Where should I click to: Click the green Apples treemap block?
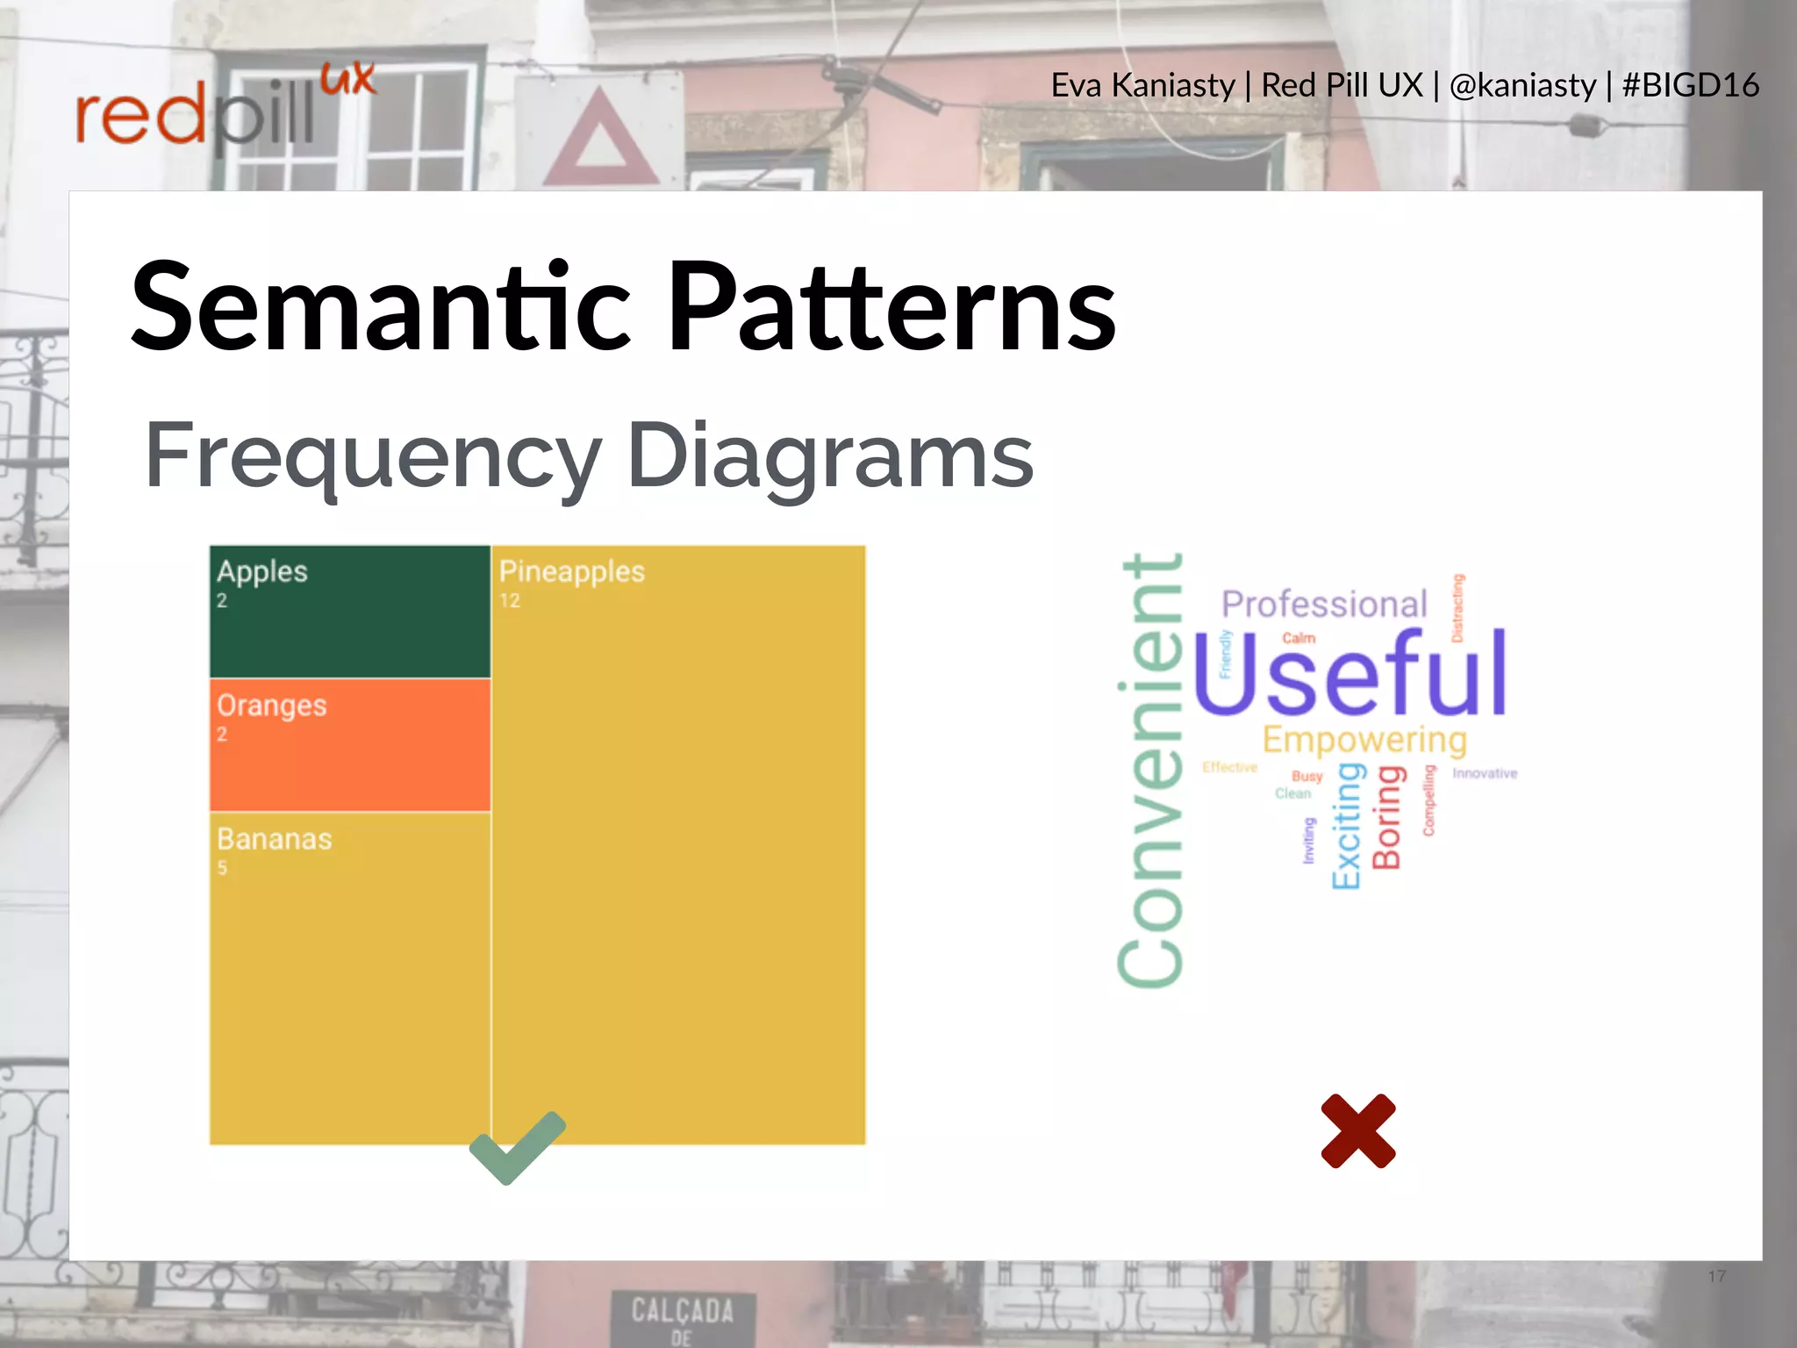point(349,612)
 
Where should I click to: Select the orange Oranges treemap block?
point(349,745)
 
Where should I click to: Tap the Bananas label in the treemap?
point(274,839)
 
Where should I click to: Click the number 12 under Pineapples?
point(510,601)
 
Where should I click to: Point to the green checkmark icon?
point(516,1148)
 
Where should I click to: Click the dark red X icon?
point(1357,1131)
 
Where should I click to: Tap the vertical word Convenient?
point(1150,771)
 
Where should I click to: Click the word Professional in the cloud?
point(1324,605)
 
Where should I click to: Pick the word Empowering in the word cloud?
point(1364,739)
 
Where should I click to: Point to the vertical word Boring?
point(1387,817)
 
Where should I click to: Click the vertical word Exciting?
point(1347,826)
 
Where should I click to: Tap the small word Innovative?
point(1484,773)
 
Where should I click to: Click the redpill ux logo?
point(224,110)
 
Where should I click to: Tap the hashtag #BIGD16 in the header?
point(1690,85)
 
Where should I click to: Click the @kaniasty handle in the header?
point(1522,85)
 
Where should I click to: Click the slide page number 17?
point(1716,1276)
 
